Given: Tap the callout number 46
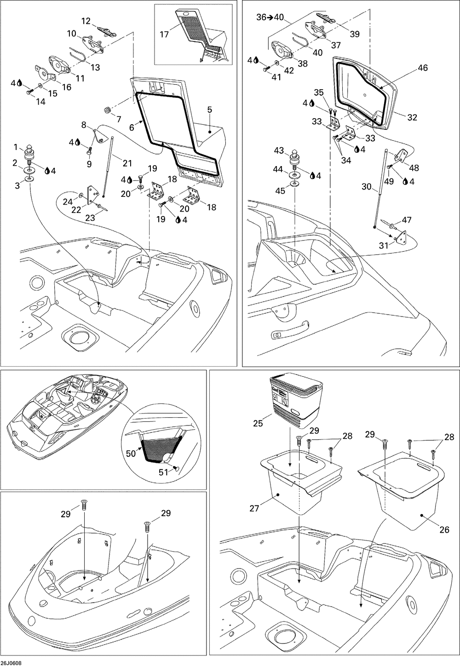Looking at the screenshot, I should (423, 68).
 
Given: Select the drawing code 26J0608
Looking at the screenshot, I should (11, 663).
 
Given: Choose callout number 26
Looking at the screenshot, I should (444, 529).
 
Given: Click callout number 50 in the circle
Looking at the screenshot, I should (130, 453).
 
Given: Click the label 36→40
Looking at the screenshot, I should (270, 17).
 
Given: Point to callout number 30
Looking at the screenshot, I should (366, 187).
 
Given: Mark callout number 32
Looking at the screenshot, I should (412, 117).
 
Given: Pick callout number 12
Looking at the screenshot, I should (86, 21).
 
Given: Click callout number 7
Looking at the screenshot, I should (119, 119).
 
